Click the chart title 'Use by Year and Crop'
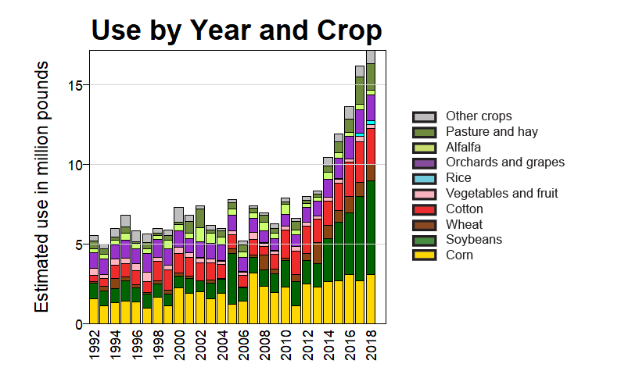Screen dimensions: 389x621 pyautogui.click(x=236, y=30)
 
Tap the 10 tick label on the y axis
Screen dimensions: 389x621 pyautogui.click(x=75, y=164)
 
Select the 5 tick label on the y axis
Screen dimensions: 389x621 pyautogui.click(x=79, y=244)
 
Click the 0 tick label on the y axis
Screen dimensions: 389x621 pyautogui.click(x=79, y=323)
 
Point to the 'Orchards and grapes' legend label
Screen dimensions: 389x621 pyautogui.click(x=504, y=162)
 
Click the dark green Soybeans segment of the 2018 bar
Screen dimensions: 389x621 pyautogui.click(x=371, y=227)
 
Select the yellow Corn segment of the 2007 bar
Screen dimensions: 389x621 pyautogui.click(x=253, y=298)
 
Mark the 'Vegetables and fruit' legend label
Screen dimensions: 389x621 pyautogui.click(x=501, y=194)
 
